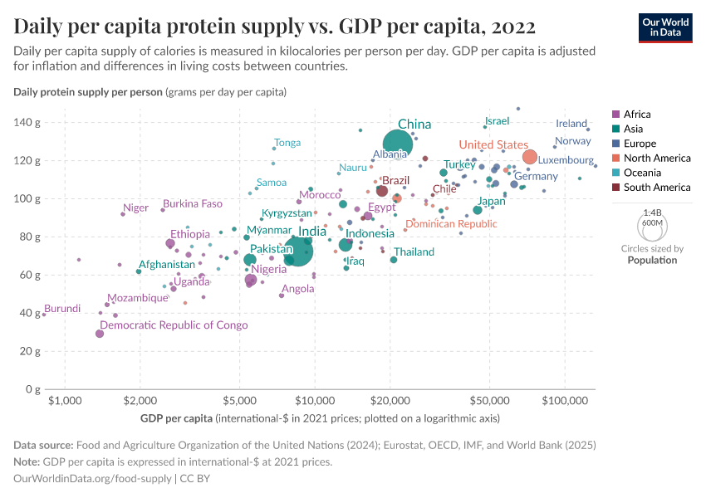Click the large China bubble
398,144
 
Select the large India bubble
298,250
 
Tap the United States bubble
529,157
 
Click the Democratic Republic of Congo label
174,325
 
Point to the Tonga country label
287,143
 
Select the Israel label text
497,121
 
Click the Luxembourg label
566,160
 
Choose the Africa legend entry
636,115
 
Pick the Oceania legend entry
640,173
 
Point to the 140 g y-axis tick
26,123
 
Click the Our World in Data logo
664,27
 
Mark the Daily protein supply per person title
88,91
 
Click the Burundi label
62,309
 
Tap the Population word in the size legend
652,260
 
